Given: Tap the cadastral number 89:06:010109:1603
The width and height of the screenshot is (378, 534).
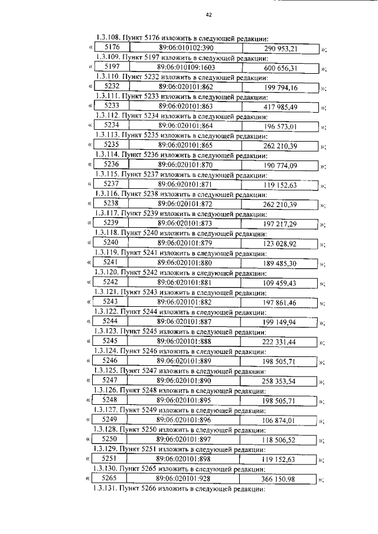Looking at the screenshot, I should (186, 68).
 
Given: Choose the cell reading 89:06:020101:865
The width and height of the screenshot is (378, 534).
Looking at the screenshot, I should (185, 145).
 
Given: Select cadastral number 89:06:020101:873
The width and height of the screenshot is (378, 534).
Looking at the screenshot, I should (185, 223).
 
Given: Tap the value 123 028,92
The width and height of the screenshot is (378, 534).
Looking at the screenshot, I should (281, 243).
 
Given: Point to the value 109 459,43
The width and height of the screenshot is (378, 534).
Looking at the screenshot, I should (280, 284).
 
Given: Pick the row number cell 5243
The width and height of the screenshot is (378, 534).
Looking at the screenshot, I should (111, 302).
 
